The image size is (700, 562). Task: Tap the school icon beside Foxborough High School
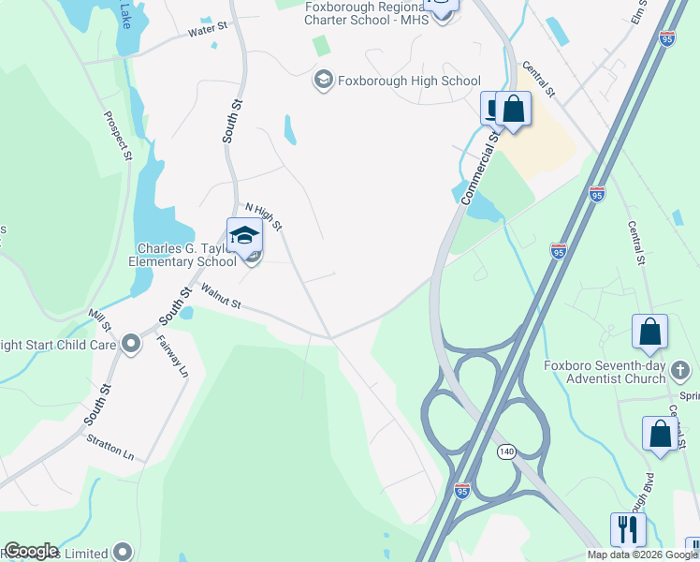(323, 81)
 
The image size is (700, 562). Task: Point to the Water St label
(208, 31)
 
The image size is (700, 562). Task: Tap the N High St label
(263, 217)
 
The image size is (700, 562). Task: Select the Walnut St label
(221, 298)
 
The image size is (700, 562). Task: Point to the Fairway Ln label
(172, 356)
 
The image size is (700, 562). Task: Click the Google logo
(30, 551)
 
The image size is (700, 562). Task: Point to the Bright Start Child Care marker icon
(130, 345)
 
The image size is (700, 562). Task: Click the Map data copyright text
(642, 555)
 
